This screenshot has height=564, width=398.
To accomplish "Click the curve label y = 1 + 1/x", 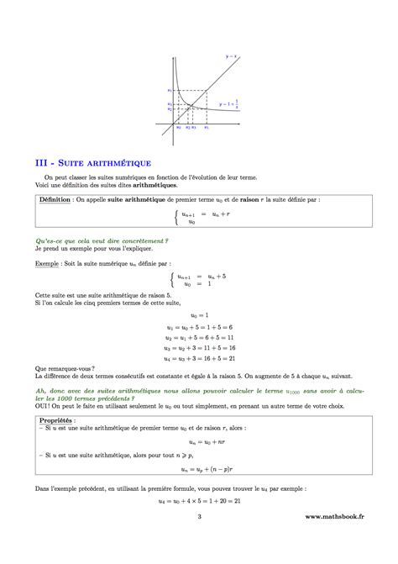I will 229,106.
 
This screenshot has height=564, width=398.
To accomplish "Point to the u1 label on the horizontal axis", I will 207,127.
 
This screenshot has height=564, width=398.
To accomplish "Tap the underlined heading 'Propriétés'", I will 55,417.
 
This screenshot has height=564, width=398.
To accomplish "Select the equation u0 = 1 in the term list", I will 198,314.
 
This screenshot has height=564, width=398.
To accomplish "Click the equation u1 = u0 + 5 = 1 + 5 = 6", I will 199,327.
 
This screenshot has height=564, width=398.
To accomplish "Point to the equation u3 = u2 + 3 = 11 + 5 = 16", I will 199,347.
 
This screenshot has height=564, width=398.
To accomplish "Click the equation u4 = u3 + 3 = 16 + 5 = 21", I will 199,357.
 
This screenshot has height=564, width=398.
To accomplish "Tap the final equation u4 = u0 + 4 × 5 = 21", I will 199,521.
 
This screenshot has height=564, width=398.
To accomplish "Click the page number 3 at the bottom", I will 199,541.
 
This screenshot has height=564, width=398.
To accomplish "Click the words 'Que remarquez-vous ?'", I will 64,367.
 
